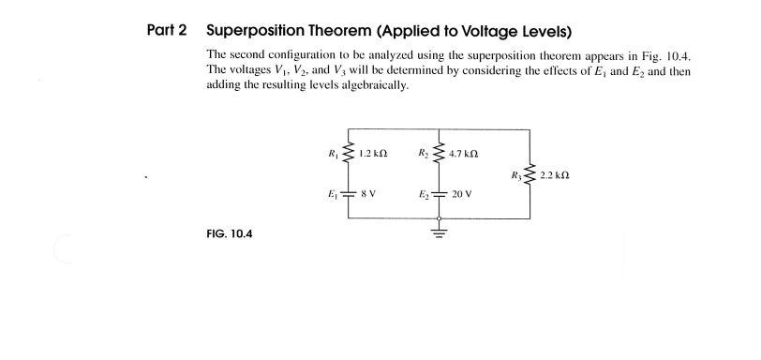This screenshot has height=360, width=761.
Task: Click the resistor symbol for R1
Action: (349, 153)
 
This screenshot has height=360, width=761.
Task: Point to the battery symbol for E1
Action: (349, 194)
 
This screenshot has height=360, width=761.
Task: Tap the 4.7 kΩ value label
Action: (463, 153)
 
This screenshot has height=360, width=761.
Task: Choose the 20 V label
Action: (461, 194)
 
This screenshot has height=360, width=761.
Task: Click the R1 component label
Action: (333, 153)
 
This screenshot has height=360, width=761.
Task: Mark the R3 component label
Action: (515, 174)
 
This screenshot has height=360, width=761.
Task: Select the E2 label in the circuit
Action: (424, 194)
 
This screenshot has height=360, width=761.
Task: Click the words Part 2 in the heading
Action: (167, 30)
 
